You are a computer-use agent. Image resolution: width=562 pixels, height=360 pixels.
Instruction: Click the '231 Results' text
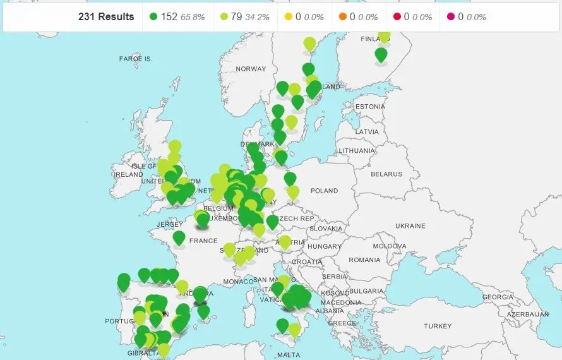(106, 17)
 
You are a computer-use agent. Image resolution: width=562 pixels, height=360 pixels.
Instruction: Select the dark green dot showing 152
(153, 17)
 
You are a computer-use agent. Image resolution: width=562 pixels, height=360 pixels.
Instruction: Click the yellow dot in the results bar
(288, 17)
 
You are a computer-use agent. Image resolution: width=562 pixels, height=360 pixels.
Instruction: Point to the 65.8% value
(193, 17)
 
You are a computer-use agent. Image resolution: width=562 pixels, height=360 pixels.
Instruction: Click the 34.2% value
(257, 17)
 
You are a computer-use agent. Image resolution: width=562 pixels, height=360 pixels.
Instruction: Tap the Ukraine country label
(410, 225)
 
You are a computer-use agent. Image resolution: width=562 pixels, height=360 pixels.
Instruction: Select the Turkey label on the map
(438, 326)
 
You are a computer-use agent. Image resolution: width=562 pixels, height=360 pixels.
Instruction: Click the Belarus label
(386, 174)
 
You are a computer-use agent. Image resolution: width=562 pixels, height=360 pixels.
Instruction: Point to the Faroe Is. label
(136, 59)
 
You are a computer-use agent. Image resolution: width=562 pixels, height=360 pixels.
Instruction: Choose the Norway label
(251, 69)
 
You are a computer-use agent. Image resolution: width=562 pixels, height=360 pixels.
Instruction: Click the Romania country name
(364, 260)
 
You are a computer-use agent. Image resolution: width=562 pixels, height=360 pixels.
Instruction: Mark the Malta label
(289, 355)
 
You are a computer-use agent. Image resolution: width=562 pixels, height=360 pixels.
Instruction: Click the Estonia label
(370, 107)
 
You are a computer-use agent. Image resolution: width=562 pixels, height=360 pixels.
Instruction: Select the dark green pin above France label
(179, 237)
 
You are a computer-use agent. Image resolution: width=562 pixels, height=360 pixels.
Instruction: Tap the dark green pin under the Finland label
(381, 54)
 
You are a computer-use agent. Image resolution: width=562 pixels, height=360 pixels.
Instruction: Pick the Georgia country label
(498, 296)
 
